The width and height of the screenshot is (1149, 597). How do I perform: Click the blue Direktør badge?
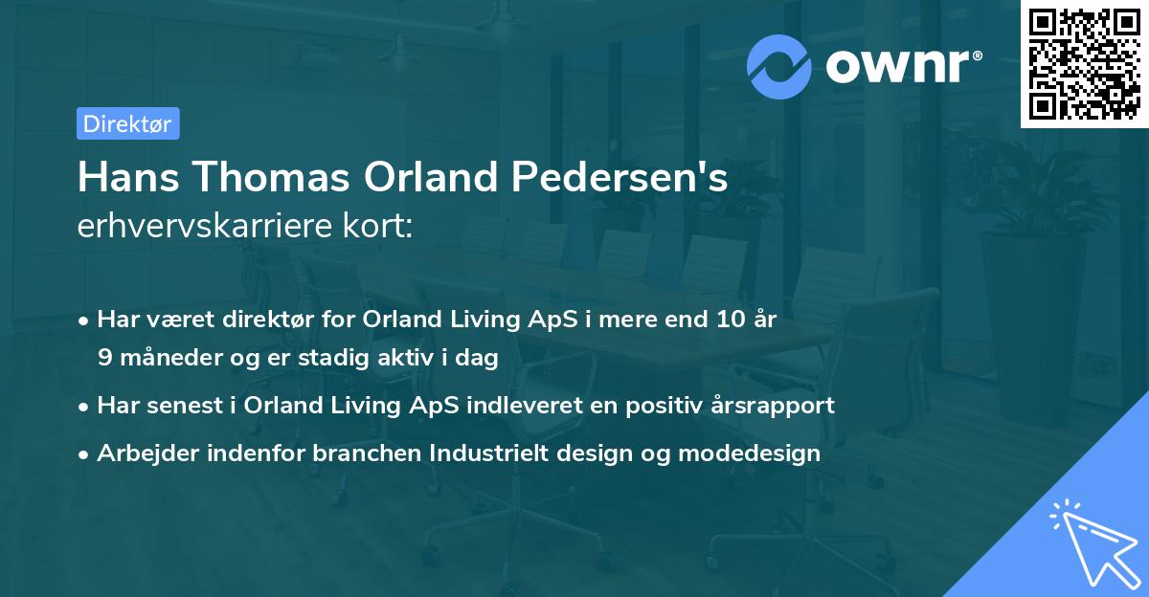(127, 123)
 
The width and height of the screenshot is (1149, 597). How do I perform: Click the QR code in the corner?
(1084, 64)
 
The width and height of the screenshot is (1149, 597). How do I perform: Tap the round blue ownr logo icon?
(779, 66)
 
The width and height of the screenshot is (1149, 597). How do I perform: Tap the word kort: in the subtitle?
(380, 227)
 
